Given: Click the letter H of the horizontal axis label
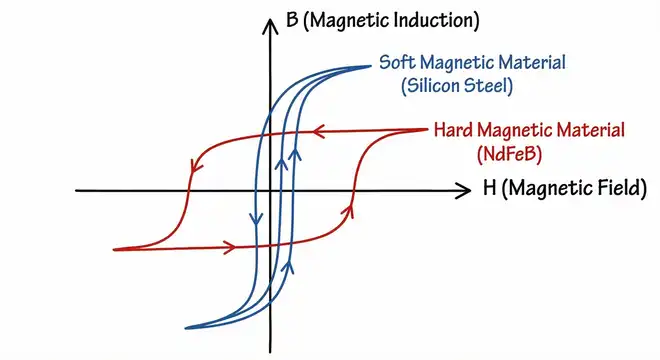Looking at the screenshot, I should tap(487, 189).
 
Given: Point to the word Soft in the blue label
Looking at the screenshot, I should tap(397, 63).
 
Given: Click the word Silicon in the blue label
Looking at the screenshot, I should tap(433, 86).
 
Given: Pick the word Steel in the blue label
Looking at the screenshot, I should tap(489, 86).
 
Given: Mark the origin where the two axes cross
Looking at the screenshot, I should tap(270, 189).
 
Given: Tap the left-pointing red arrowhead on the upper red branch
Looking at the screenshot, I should tap(319, 130).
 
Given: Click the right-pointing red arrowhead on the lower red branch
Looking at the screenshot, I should tap(230, 244).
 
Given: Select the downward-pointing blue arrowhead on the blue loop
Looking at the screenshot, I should tap(252, 219).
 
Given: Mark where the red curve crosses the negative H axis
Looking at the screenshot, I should tap(186, 189).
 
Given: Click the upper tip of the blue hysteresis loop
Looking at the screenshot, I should tap(373, 66).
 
